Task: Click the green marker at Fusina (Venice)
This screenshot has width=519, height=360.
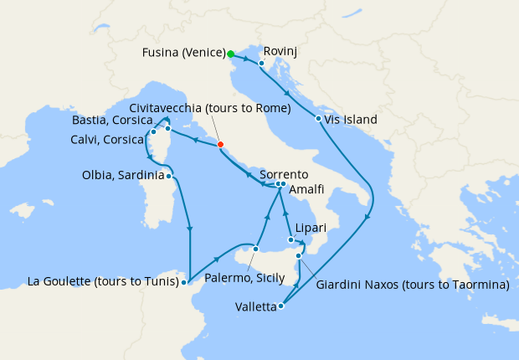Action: (x=231, y=54)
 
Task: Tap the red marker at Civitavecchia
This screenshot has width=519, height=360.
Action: (x=220, y=145)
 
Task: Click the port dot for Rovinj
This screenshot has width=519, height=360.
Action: (x=261, y=63)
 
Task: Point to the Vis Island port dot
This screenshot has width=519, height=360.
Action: (x=319, y=119)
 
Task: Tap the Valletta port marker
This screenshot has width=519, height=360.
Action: (x=281, y=306)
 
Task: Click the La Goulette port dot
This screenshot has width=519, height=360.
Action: (x=183, y=283)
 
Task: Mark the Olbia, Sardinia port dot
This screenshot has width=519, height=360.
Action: (x=169, y=176)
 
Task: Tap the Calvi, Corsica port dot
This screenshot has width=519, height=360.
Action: (x=153, y=132)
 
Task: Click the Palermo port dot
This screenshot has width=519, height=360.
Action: (x=255, y=249)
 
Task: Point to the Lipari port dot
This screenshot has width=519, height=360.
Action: (x=290, y=240)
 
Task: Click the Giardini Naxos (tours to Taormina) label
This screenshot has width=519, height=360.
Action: (x=414, y=285)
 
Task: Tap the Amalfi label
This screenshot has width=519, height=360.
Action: (x=307, y=192)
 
